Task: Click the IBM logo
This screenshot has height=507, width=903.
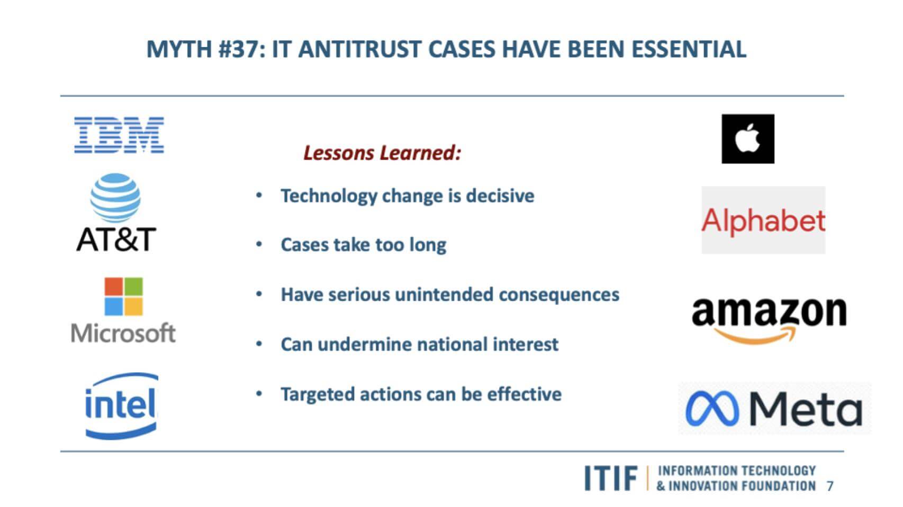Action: (119, 135)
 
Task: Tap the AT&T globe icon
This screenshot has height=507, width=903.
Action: (115, 198)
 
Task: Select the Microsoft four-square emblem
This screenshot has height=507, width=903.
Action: (123, 297)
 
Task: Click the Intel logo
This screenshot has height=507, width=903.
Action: (121, 406)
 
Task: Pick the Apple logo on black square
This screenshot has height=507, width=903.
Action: (748, 139)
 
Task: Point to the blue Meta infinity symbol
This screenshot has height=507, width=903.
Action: (712, 408)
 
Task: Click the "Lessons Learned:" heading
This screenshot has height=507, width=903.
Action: (382, 153)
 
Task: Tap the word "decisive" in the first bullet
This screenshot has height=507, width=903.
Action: (500, 196)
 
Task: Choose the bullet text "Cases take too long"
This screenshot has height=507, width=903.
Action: (364, 245)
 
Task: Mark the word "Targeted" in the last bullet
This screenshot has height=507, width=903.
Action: (317, 394)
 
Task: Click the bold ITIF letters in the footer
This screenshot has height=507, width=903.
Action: (611, 478)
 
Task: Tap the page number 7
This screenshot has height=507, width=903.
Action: (829, 486)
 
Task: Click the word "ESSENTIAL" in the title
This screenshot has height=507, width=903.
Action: (689, 49)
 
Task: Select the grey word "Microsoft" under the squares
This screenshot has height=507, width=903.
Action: (123, 333)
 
